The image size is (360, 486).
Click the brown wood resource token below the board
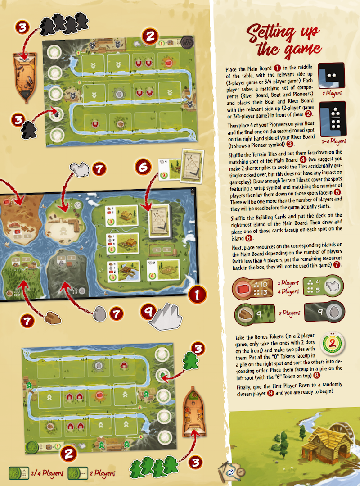(x=52, y=318)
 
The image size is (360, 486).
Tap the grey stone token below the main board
(x=100, y=314)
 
